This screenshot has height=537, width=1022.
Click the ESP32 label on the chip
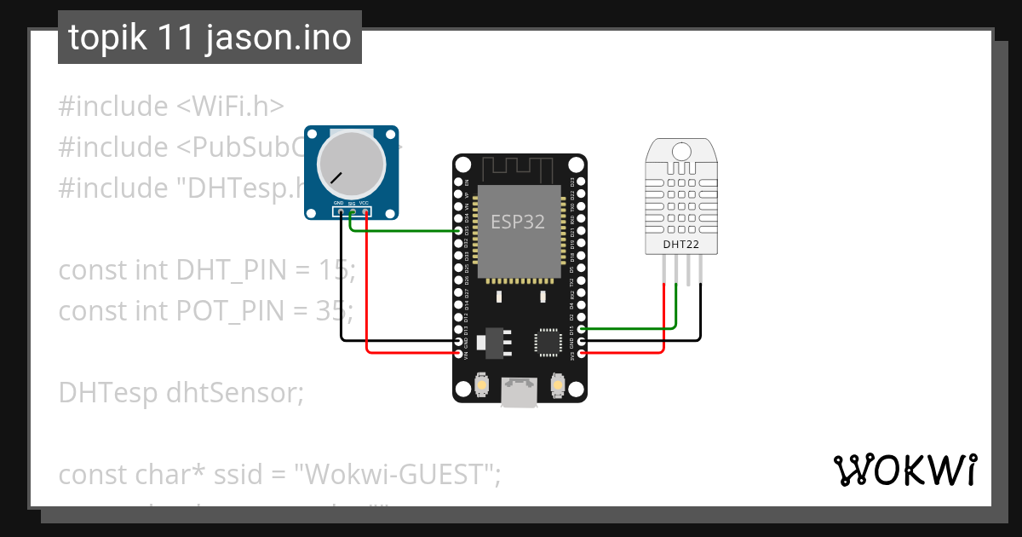pyautogui.click(x=517, y=222)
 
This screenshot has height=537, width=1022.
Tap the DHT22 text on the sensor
pyautogui.click(x=682, y=245)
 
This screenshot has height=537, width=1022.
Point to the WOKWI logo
pyautogui.click(x=904, y=470)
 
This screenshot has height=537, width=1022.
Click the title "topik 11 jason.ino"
pyautogui.click(x=210, y=38)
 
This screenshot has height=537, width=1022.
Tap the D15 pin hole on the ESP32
pyautogui.click(x=582, y=328)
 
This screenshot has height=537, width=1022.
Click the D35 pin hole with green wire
pyautogui.click(x=459, y=231)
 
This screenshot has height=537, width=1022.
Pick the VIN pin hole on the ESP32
pyautogui.click(x=459, y=352)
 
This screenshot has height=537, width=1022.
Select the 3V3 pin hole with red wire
pyautogui.click(x=582, y=352)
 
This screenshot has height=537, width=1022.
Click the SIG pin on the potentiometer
pyautogui.click(x=352, y=212)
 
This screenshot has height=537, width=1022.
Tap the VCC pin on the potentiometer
pyautogui.click(x=365, y=212)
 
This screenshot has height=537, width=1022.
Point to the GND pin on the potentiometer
pyautogui.click(x=339, y=212)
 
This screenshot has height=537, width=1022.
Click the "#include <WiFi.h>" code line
pyautogui.click(x=170, y=107)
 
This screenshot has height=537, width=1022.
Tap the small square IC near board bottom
pyautogui.click(x=545, y=342)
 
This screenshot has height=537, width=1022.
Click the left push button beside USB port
pyautogui.click(x=482, y=385)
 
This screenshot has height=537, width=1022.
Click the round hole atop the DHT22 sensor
pyautogui.click(x=681, y=152)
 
